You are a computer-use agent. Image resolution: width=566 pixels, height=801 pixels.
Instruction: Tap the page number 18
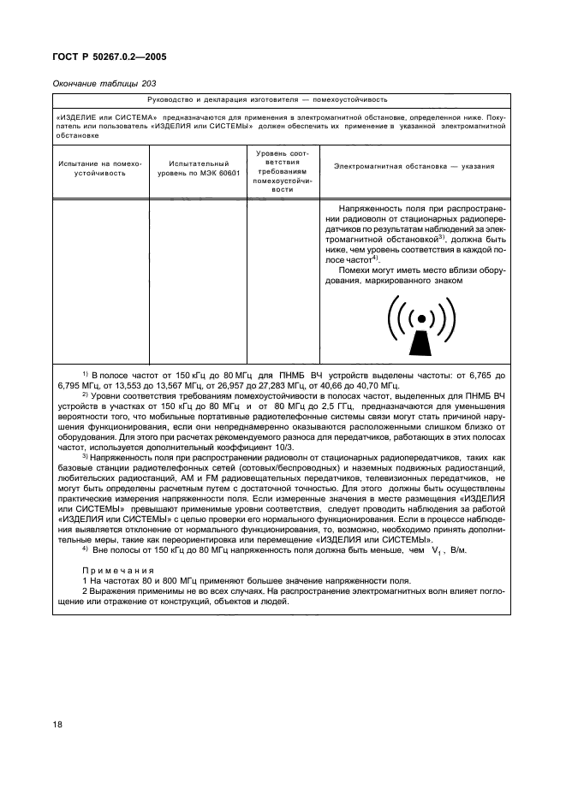coord(57,726)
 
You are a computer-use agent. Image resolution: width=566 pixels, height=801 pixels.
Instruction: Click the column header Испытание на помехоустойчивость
coord(100,168)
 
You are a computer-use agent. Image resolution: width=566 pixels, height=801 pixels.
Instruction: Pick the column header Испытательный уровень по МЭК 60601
coord(199,168)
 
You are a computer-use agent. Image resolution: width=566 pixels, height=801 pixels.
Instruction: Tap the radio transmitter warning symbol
coord(420,325)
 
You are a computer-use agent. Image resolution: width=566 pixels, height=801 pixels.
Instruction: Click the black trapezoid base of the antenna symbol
coord(420,343)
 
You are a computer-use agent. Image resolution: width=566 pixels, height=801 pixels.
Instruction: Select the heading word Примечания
coord(117,570)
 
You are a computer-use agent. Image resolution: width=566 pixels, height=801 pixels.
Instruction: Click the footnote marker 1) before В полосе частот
coord(85,374)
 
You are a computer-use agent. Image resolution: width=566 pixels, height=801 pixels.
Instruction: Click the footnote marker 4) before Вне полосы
coord(85,548)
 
